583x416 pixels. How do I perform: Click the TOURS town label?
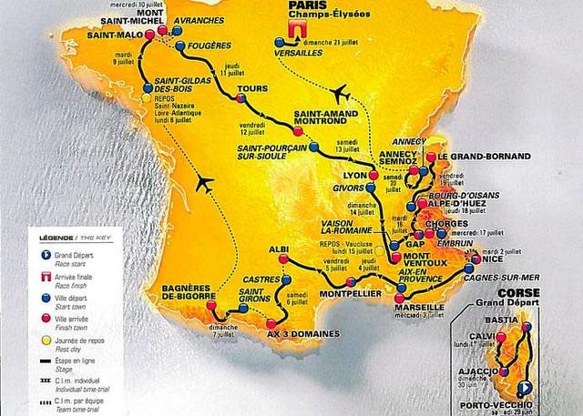click(x=251, y=89)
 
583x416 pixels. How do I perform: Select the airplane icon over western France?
click(x=204, y=185)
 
